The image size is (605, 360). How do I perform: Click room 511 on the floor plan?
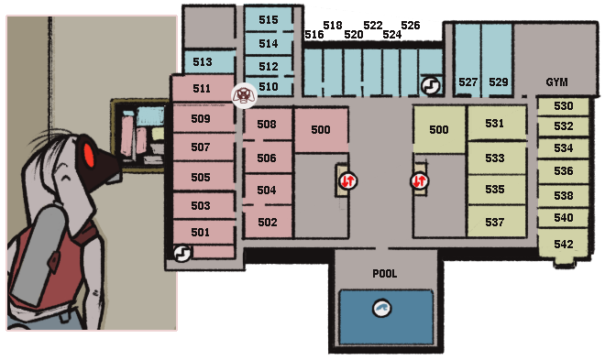(x=203, y=88)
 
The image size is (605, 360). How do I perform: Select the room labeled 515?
(x=269, y=19)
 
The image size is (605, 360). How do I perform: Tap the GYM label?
(x=556, y=82)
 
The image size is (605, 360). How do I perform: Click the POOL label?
(x=385, y=274)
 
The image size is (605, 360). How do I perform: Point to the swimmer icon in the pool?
(x=382, y=309)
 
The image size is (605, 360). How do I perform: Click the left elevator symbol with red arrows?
(x=347, y=180)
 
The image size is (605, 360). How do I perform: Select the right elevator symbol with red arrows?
(x=420, y=180)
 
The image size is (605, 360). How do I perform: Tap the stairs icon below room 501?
(x=182, y=253)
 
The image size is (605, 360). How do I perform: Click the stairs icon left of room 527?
(x=431, y=85)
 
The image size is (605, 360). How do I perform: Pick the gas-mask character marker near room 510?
(x=244, y=95)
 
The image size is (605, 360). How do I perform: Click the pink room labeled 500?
(x=321, y=130)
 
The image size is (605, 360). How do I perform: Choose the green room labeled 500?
(x=439, y=130)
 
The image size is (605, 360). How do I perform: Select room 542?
(x=564, y=245)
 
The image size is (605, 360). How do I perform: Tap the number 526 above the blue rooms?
(x=410, y=26)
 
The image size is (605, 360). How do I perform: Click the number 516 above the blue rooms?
(x=314, y=35)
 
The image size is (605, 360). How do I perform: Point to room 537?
(x=496, y=222)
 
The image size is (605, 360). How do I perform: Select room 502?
(x=268, y=222)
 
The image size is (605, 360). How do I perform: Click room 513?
(x=203, y=61)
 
